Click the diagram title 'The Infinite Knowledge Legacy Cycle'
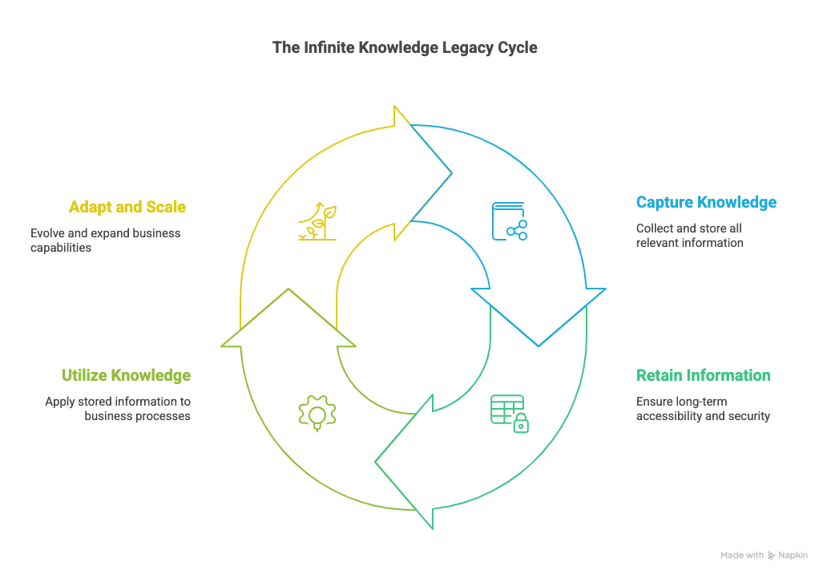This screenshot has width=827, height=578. point(405,47)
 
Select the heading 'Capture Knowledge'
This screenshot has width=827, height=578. point(706,202)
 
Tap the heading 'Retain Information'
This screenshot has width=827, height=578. point(703,375)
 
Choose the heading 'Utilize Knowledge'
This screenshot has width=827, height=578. point(127,375)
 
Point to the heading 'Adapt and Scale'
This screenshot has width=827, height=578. point(127,207)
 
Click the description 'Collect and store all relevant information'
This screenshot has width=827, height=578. point(689,235)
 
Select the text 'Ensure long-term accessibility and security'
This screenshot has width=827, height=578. point(703,408)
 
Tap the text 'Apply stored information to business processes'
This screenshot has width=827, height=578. point(118,408)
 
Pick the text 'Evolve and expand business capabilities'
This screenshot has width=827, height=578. point(106,240)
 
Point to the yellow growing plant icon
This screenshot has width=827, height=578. point(317,221)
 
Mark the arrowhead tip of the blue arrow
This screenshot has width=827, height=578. point(539,346)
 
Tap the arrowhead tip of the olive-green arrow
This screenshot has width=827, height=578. point(288,289)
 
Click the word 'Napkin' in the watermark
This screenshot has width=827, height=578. point(793,555)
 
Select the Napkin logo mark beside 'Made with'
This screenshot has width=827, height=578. point(772,555)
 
